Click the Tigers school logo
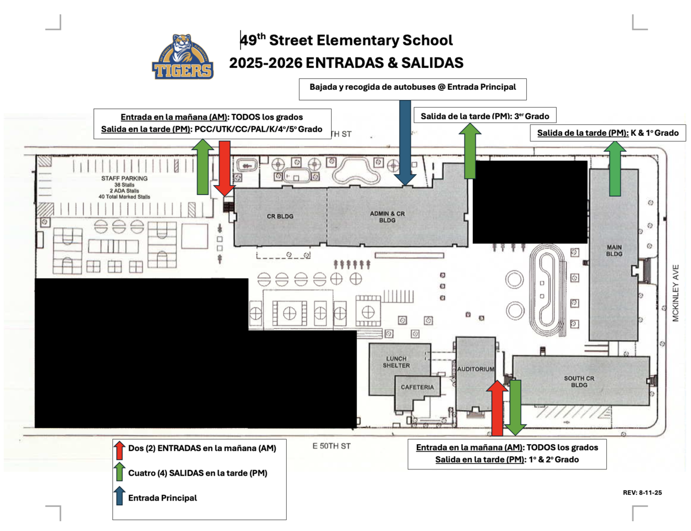click(183, 56)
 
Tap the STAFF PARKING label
click(124, 178)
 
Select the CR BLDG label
click(280, 216)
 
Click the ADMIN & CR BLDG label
click(387, 217)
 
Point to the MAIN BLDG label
click(614, 250)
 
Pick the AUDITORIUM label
click(476, 369)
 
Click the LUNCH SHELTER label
click(396, 362)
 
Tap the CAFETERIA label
click(417, 387)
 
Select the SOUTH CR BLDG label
click(579, 381)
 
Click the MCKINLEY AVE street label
click(675, 293)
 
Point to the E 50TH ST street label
click(331, 446)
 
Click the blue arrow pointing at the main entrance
click(405, 143)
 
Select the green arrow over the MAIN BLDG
click(615, 169)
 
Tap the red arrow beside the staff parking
click(225, 169)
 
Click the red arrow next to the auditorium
click(498, 408)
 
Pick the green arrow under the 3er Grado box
click(470, 151)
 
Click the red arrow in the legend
click(120, 450)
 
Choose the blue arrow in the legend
click(120, 496)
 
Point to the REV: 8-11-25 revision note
click(642, 492)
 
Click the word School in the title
click(427, 40)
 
